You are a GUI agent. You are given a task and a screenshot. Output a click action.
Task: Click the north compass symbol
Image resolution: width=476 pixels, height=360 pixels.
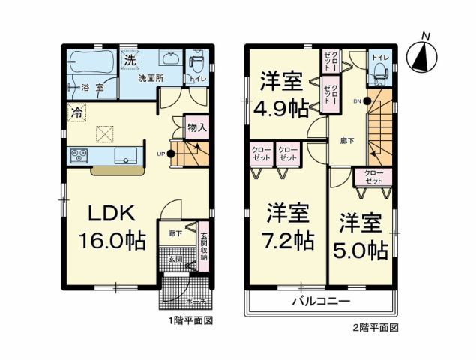pos(424,54)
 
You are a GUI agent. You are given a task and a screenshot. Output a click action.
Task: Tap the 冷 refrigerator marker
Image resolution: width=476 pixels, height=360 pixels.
pos(76,112)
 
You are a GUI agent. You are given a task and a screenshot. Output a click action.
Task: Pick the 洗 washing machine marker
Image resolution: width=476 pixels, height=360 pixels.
pos(130,59)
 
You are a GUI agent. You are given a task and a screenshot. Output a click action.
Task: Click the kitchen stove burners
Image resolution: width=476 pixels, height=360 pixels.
pos(80,155)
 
